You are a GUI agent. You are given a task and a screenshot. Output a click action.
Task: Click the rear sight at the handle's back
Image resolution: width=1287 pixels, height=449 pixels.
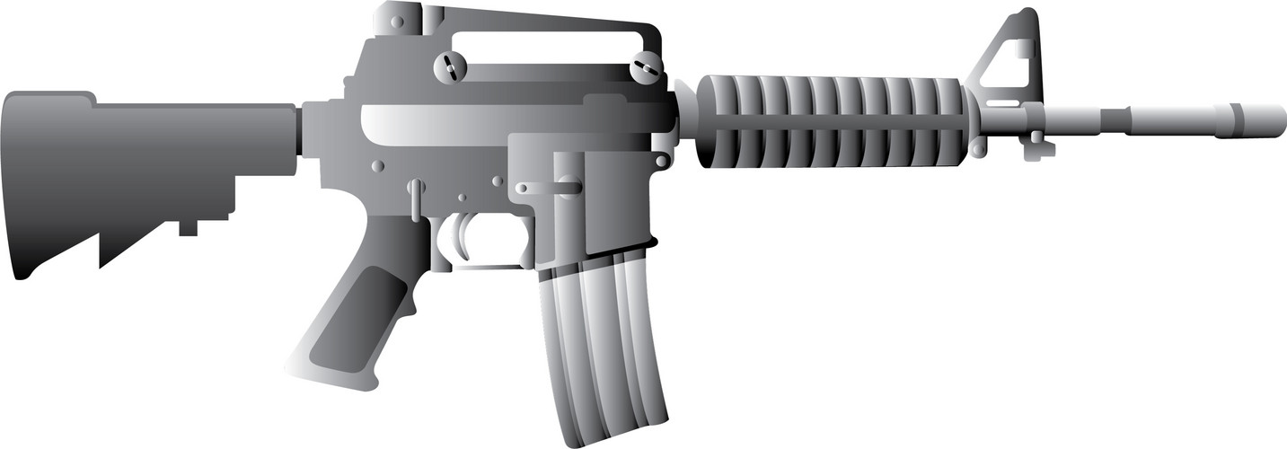395,18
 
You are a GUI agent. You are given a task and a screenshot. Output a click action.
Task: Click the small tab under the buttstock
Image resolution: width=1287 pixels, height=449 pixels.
188,228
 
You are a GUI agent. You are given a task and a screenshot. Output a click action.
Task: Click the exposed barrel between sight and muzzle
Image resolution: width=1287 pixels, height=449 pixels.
1078,119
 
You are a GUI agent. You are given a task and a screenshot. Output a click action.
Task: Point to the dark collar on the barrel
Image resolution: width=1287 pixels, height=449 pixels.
1115,119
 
